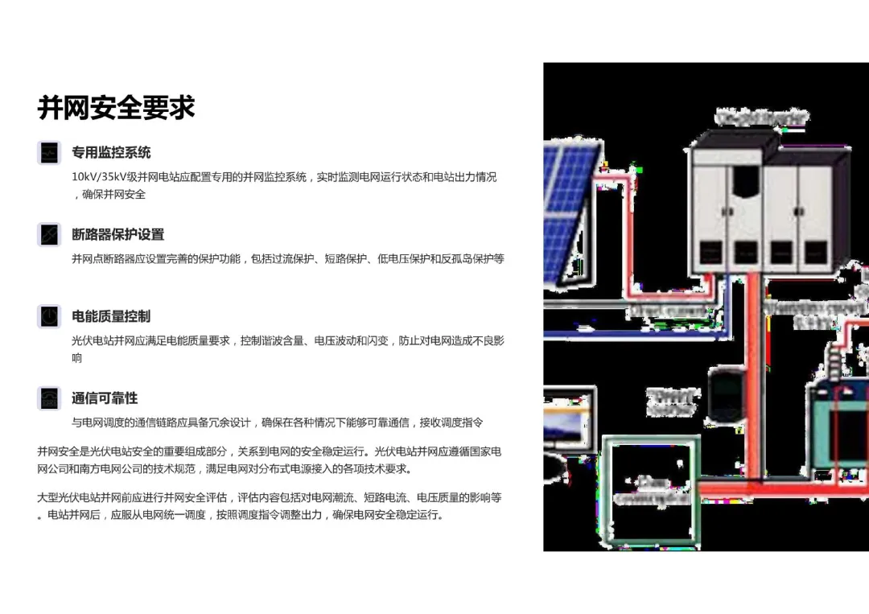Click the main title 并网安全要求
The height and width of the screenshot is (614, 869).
click(x=116, y=107)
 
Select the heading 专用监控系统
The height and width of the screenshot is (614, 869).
click(x=111, y=152)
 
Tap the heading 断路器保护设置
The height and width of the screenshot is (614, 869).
click(x=117, y=234)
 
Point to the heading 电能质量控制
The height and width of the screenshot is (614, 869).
click(x=111, y=316)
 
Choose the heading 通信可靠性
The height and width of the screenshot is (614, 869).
click(x=105, y=398)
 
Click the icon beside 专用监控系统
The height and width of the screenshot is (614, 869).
click(x=49, y=152)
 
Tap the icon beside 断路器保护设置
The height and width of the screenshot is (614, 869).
click(x=49, y=234)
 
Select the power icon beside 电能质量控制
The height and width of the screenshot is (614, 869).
click(x=49, y=316)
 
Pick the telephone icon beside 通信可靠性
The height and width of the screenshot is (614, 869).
click(x=49, y=398)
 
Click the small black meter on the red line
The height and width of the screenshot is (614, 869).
click(x=727, y=395)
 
